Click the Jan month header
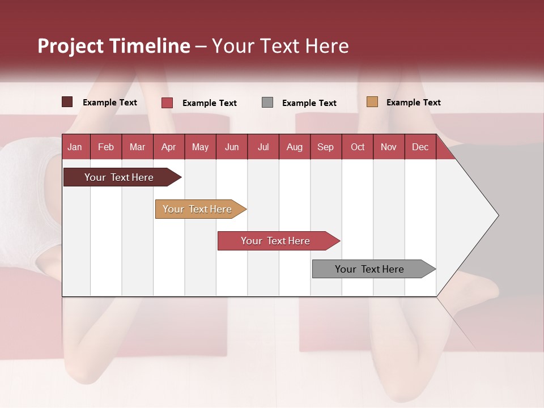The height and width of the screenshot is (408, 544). (75, 147)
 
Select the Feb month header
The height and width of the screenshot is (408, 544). (106, 147)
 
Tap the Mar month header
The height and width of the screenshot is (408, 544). (137, 147)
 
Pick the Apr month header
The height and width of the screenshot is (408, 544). (169, 147)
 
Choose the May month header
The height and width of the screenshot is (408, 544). (200, 147)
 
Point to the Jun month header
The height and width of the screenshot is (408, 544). (232, 147)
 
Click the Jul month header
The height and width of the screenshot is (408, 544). (263, 147)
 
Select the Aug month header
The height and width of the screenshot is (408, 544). (295, 147)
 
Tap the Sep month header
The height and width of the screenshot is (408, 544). (326, 147)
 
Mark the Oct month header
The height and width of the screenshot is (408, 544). (358, 147)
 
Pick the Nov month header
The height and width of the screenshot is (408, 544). (389, 147)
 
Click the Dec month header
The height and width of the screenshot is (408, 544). (420, 147)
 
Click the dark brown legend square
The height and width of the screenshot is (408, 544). (67, 102)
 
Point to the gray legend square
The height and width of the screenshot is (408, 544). (267, 103)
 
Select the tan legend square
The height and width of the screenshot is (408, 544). (372, 102)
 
